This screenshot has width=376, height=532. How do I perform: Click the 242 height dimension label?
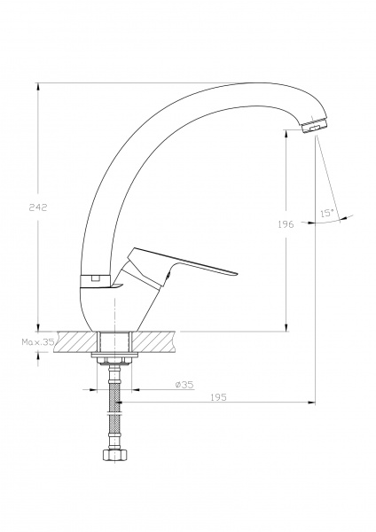click(38, 207)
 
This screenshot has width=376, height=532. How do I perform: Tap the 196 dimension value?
click(286, 224)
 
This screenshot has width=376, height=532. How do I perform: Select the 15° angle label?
click(327, 213)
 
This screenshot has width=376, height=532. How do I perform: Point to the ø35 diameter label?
click(184, 385)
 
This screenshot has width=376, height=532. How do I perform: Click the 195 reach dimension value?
click(218, 397)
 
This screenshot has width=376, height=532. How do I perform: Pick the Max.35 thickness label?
click(38, 342)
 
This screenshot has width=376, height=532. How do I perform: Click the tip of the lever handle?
click(235, 273)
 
